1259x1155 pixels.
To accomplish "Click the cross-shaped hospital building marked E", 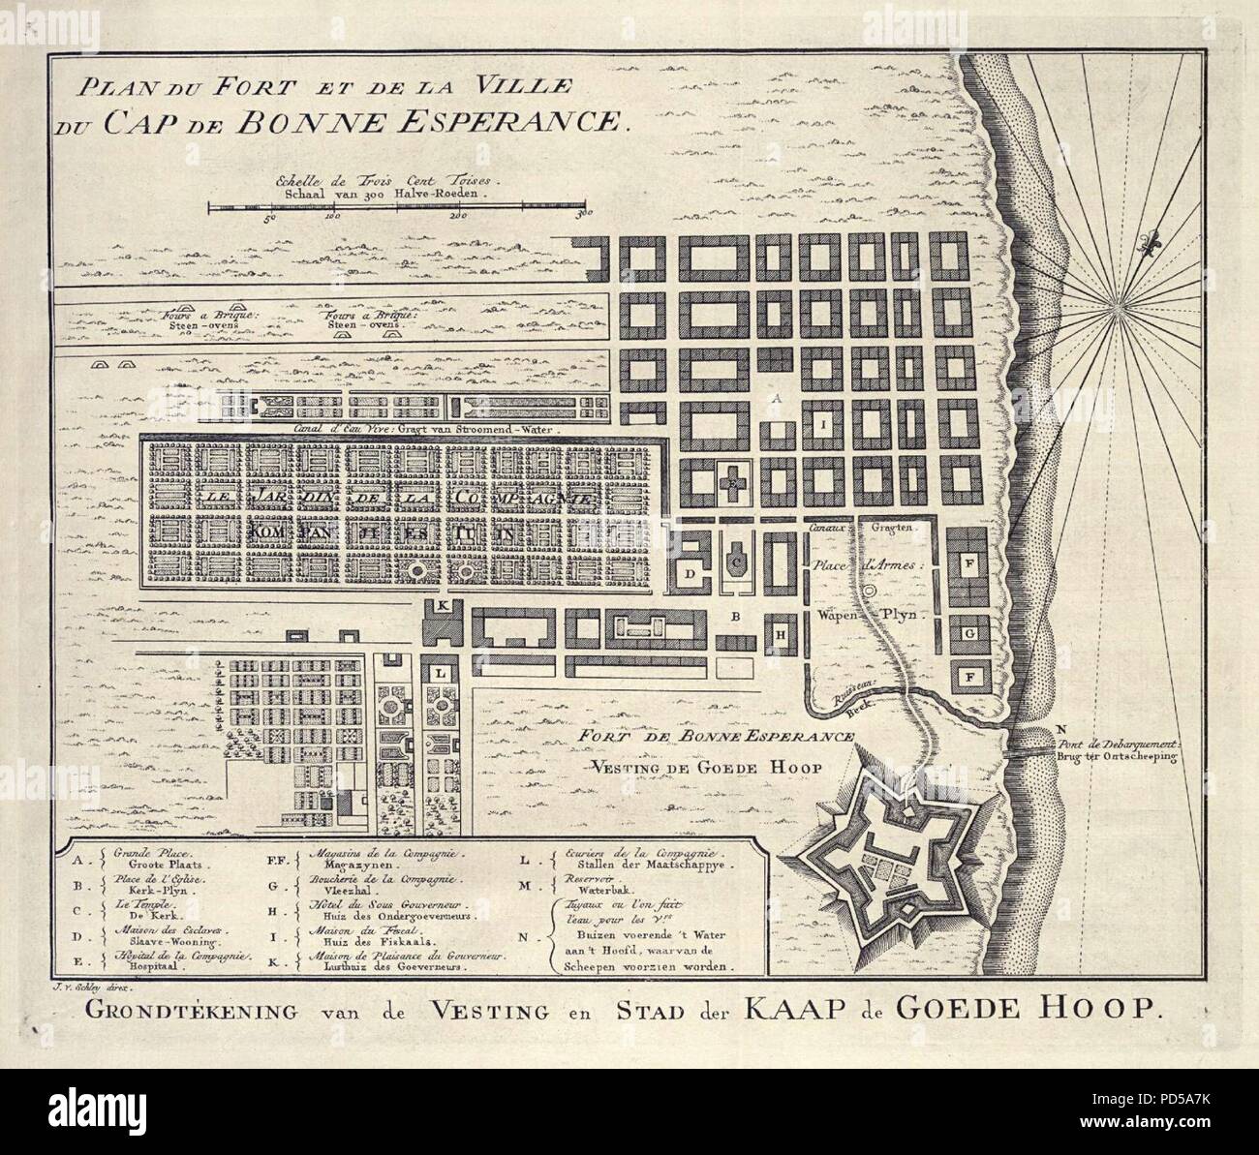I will click(737, 479).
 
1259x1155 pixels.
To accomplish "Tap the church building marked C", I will click(737, 560).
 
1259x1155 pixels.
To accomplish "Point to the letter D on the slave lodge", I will click(691, 574).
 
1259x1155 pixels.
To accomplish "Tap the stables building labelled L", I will click(441, 671).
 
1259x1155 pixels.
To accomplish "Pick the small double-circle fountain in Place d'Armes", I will click(870, 588).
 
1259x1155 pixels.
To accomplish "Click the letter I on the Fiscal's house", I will click(821, 424).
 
